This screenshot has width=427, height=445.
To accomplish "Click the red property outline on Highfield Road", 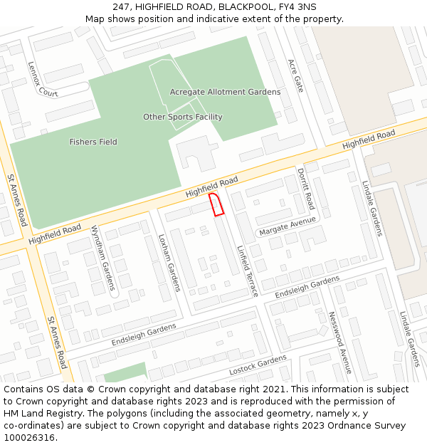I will pyautogui.click(x=217, y=204).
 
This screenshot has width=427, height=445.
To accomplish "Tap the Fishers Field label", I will pyautogui.click(x=93, y=142).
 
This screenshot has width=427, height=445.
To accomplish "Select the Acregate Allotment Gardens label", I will pyautogui.click(x=225, y=92).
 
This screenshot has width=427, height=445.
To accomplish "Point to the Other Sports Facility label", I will pyautogui.click(x=183, y=117).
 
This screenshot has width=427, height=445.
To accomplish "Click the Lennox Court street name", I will pyautogui.click(x=43, y=79).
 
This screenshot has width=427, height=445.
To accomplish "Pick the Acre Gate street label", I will pyautogui.click(x=295, y=75).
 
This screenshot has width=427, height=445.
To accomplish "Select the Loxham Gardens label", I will pyautogui.click(x=169, y=263).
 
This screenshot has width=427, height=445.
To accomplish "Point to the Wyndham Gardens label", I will pyautogui.click(x=102, y=258).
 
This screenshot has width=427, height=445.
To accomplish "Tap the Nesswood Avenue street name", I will pyautogui.click(x=339, y=342).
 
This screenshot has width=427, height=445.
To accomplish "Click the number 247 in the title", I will pyautogui.click(x=124, y=6).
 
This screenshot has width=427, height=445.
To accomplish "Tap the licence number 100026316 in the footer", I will pyautogui.click(x=29, y=438).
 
